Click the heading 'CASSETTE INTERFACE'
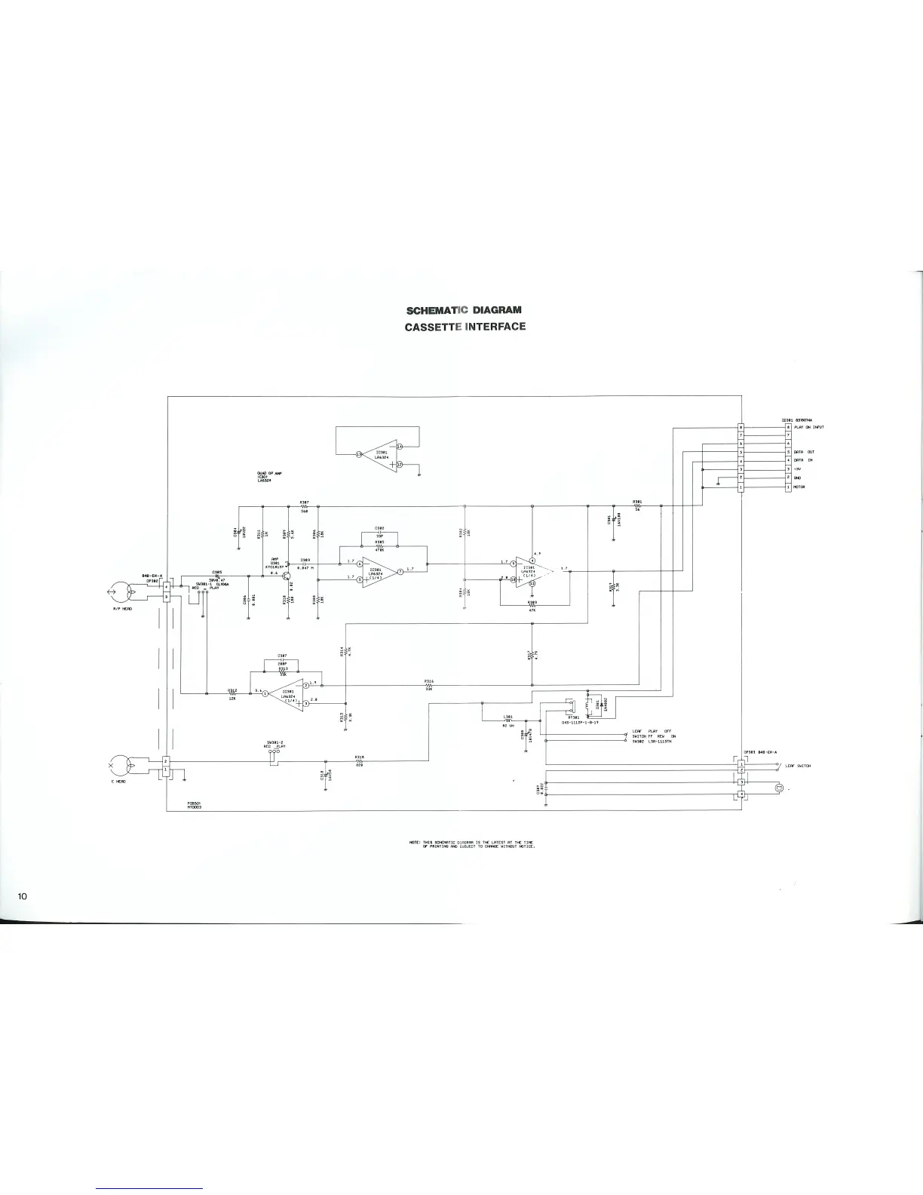point(465,327)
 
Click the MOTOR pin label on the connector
point(799,487)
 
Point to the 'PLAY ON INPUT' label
point(808,427)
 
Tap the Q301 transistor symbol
point(287,574)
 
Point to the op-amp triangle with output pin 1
point(286,693)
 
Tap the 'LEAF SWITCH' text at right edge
point(798,766)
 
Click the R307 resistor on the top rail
point(305,506)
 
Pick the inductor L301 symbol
point(508,720)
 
